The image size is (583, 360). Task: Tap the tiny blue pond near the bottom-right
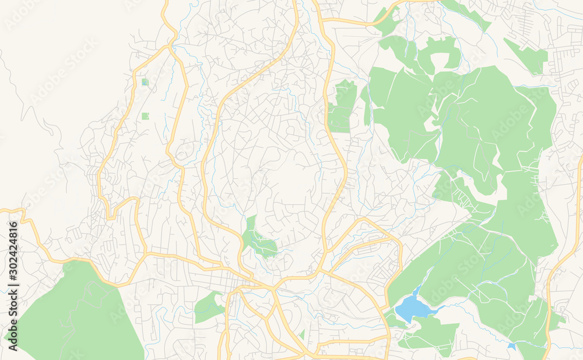(x=511, y=346)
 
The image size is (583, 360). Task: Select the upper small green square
(x=145, y=82)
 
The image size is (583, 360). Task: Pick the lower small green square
(x=145, y=116)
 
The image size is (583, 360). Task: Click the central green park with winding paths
(x=258, y=239)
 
